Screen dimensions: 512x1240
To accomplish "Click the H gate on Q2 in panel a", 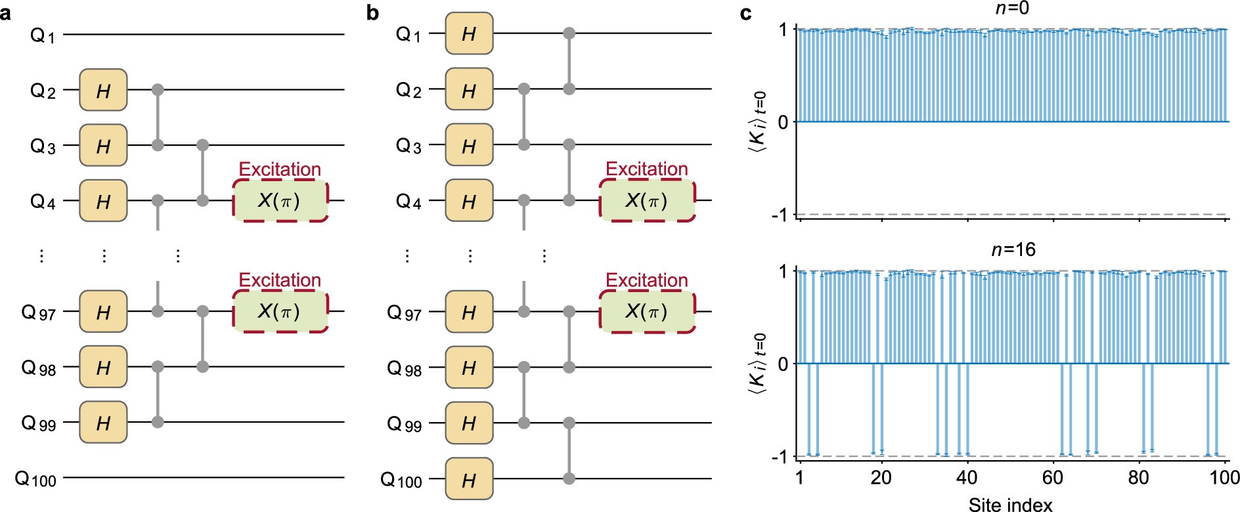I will (x=103, y=90).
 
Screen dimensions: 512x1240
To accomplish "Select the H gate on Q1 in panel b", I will (x=469, y=33).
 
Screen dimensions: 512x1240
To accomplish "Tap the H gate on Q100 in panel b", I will (x=469, y=479).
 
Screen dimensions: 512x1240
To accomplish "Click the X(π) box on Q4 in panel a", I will (x=280, y=200).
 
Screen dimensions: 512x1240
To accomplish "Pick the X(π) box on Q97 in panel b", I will (x=647, y=311).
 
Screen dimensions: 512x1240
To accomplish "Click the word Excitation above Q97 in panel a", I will (x=280, y=280).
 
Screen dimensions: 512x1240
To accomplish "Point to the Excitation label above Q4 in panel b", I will (x=647, y=169).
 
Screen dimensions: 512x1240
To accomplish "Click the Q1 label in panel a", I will (x=42, y=35).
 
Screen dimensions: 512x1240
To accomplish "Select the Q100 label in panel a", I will (x=35, y=480).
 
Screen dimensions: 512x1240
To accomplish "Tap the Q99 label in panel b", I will (x=405, y=424).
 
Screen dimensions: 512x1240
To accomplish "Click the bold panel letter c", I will (x=745, y=12).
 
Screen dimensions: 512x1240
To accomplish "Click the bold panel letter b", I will (x=372, y=12).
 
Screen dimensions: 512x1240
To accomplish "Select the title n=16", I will (x=1013, y=249).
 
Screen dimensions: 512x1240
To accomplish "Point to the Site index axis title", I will (x=1010, y=504).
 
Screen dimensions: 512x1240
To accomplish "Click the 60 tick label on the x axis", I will (x=1052, y=477).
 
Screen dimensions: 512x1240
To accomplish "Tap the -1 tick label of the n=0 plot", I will (x=779, y=215).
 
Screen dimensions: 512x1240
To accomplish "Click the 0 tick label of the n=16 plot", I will (x=782, y=364).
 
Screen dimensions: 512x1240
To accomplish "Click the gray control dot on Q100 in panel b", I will (x=569, y=479).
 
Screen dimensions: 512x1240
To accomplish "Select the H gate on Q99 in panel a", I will (x=103, y=423).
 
